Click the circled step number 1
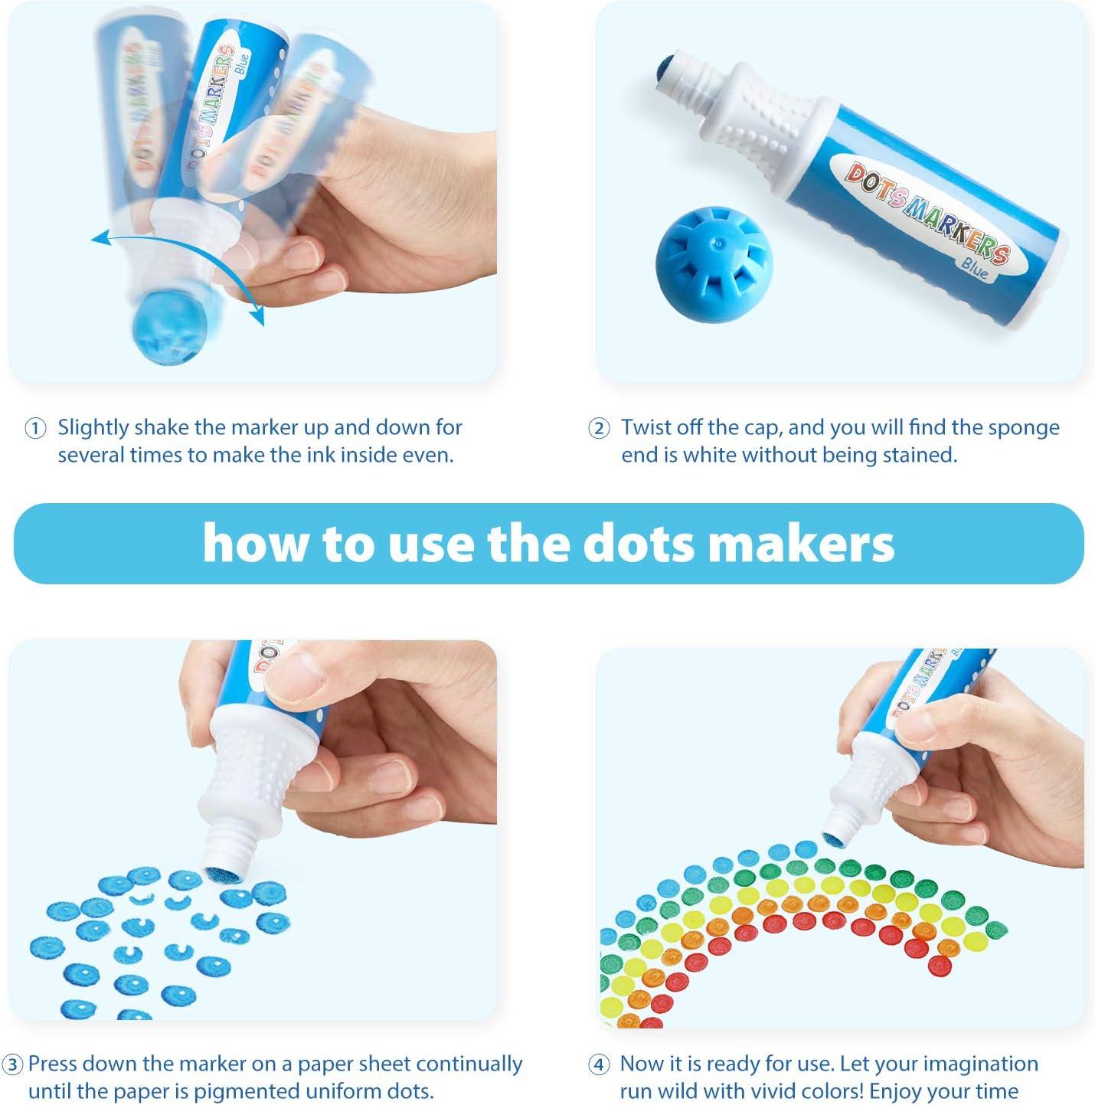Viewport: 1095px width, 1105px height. click(35, 429)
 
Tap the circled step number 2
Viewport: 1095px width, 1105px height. click(599, 429)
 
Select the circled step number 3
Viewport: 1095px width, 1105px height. click(12, 1065)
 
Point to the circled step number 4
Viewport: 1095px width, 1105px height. click(599, 1065)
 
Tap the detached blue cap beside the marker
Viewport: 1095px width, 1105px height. click(704, 263)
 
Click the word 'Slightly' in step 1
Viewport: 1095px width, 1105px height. click(93, 427)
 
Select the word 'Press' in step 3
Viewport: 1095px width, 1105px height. click(53, 1064)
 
